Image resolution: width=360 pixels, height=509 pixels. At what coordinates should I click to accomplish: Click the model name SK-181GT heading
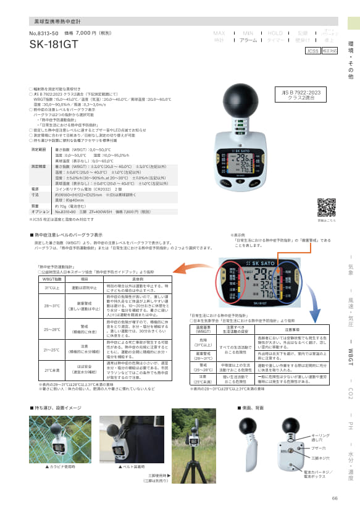click(54, 44)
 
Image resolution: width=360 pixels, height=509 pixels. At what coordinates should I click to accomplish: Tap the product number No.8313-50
click(43, 33)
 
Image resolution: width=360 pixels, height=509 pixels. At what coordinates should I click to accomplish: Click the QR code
click(326, 208)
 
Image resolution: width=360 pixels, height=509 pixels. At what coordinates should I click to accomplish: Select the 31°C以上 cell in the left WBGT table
click(51, 287)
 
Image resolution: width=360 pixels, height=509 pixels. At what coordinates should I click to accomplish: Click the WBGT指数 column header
click(51, 279)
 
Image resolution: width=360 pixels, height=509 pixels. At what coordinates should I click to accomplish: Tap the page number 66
click(335, 498)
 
